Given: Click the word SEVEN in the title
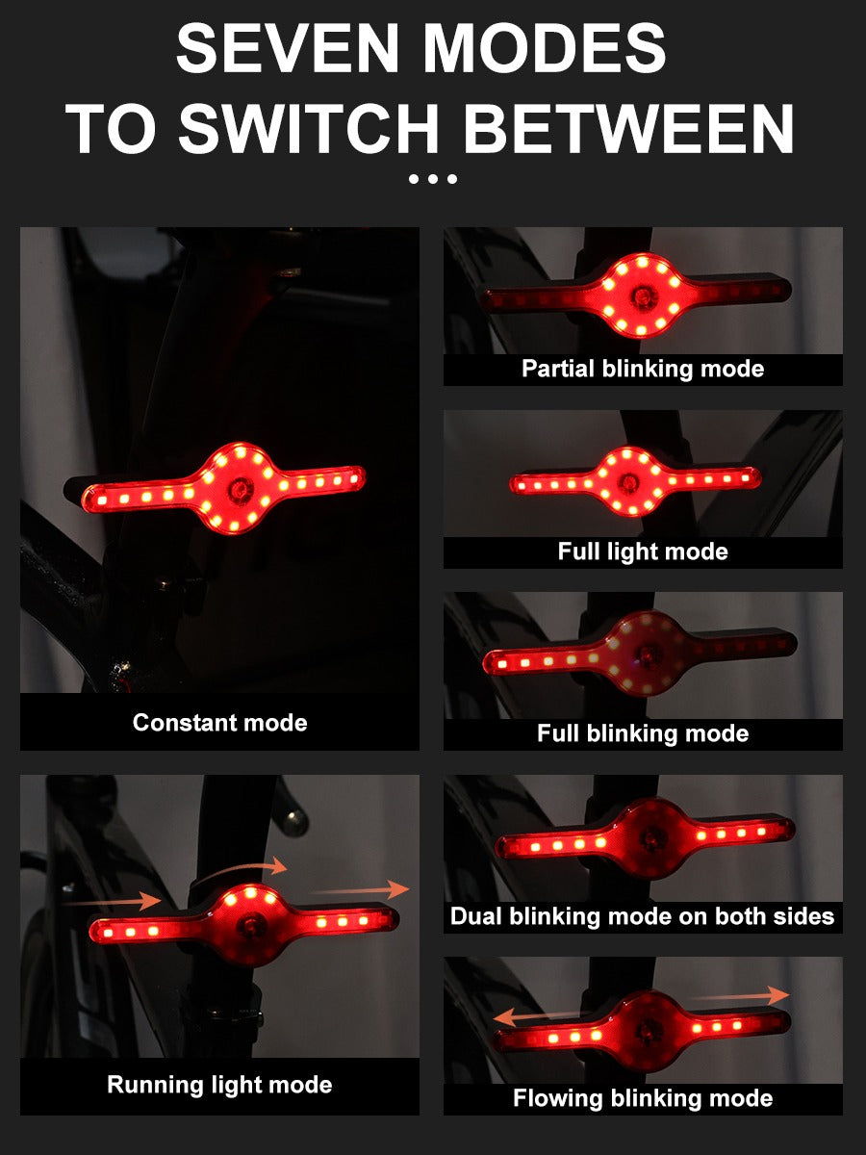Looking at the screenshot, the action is click(x=288, y=48).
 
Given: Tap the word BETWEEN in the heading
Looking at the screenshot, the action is click(x=628, y=128).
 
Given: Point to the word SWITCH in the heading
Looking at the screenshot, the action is click(x=309, y=128).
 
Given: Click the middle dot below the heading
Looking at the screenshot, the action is click(x=433, y=179).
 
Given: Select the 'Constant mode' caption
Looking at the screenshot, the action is click(x=219, y=723).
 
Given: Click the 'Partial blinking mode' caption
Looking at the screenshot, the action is click(x=643, y=369).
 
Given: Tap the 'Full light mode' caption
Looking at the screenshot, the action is click(x=643, y=552).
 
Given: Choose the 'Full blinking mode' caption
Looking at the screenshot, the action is click(x=643, y=733).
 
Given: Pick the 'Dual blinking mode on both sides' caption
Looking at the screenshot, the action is click(x=642, y=916).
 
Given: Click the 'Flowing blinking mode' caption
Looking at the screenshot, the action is click(x=643, y=1098).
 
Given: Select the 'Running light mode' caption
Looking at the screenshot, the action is click(x=219, y=1085).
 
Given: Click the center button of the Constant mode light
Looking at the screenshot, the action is click(x=240, y=489).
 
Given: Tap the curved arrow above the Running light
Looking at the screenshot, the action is click(x=242, y=868).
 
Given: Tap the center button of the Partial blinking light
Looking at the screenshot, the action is click(x=642, y=297).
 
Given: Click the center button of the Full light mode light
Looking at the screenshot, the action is click(x=629, y=482).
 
